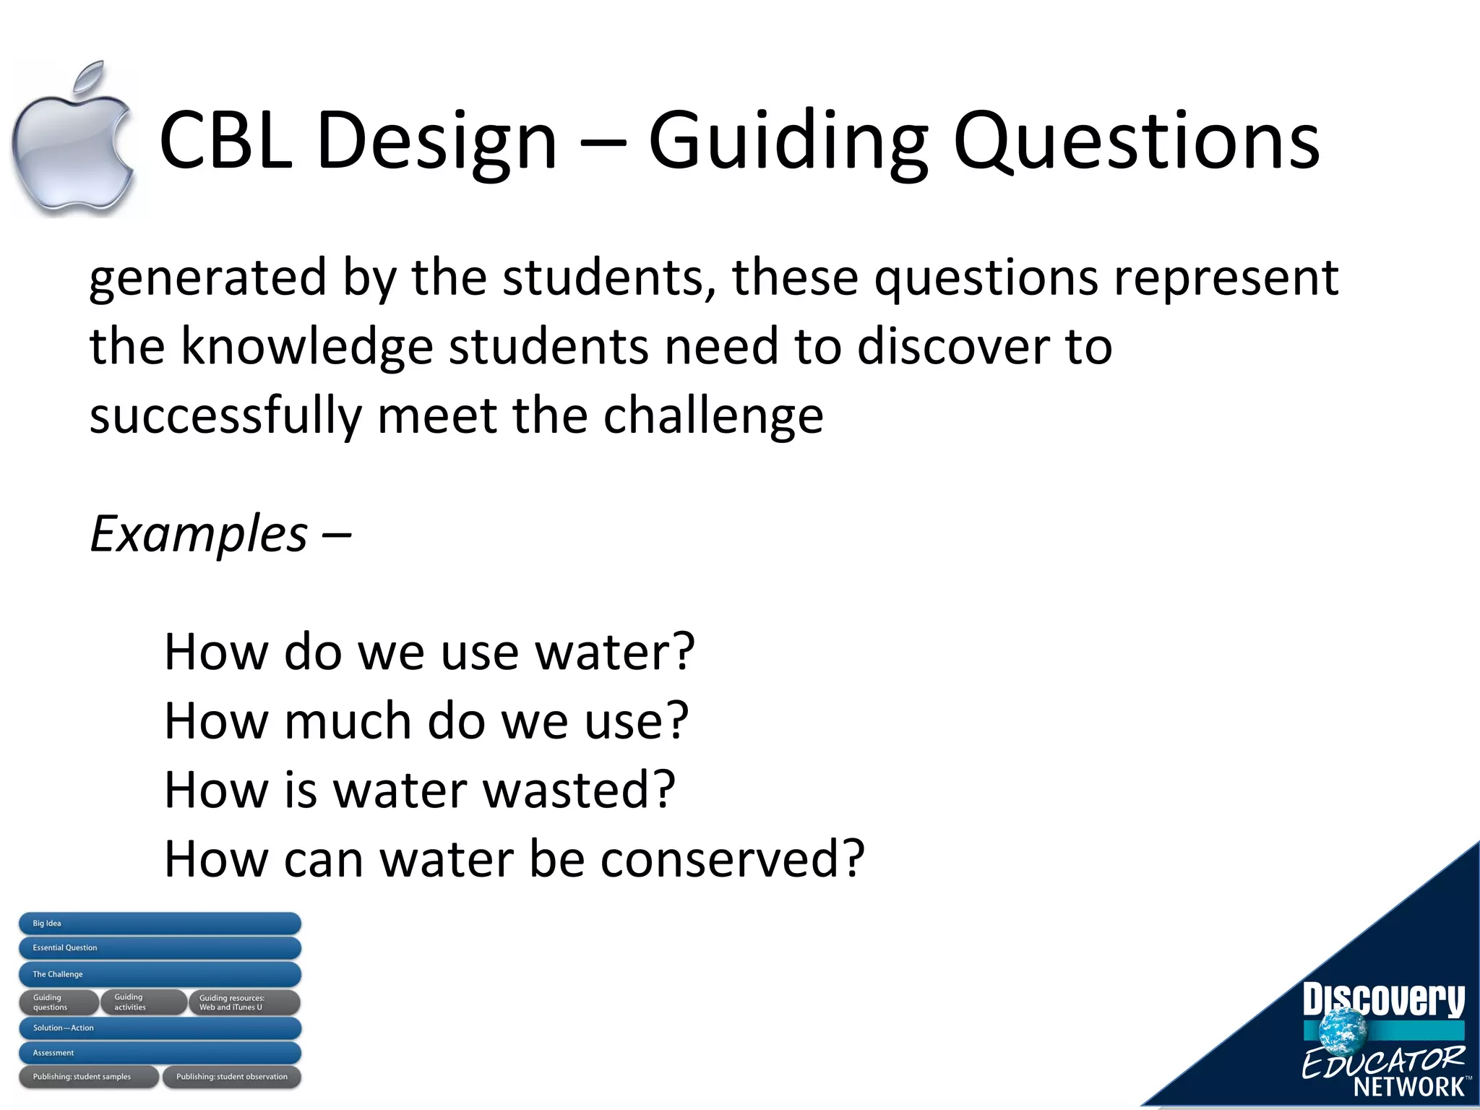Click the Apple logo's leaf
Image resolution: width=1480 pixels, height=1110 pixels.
point(91,78)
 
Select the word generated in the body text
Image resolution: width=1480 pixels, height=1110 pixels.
point(208,278)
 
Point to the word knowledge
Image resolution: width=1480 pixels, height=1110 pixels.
point(306,347)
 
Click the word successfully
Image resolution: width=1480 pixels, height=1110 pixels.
point(225,416)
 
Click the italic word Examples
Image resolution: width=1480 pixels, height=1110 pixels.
point(199,534)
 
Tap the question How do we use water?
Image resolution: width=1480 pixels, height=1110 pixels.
point(429,652)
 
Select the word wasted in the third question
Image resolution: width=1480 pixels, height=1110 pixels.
point(578,790)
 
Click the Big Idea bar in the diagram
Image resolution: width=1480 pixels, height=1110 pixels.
point(159,924)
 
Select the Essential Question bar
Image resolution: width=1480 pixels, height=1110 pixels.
point(159,948)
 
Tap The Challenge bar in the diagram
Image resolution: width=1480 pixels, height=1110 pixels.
point(159,974)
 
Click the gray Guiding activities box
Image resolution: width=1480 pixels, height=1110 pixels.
point(143,1002)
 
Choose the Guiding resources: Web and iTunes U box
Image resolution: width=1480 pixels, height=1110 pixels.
point(244,1002)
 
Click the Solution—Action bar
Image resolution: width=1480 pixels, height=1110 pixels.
point(159,1028)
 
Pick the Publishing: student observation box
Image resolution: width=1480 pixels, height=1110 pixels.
point(231,1077)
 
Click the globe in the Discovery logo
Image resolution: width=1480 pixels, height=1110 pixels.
point(1343,1029)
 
